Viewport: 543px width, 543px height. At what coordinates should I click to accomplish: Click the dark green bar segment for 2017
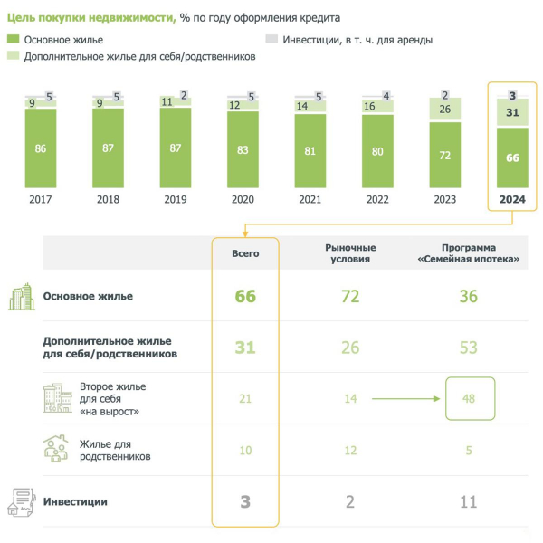(x=41, y=147)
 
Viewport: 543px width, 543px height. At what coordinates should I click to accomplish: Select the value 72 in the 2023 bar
(x=445, y=156)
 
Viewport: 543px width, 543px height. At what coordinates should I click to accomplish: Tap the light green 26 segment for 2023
(x=445, y=110)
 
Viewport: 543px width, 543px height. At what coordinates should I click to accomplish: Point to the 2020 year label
(x=243, y=200)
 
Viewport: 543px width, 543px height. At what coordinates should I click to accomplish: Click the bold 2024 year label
(x=513, y=200)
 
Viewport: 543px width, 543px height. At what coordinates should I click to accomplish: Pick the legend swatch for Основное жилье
(x=13, y=40)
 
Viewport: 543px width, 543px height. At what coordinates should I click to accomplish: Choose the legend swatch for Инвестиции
(x=271, y=40)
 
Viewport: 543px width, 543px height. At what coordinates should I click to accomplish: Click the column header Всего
(x=245, y=253)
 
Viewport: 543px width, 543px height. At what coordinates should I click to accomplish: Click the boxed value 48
(x=469, y=398)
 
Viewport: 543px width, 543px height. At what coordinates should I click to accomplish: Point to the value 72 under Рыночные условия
(x=350, y=297)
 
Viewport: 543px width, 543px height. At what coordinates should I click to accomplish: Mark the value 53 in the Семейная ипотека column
(x=468, y=348)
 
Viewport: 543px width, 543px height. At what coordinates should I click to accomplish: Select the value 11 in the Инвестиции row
(x=468, y=501)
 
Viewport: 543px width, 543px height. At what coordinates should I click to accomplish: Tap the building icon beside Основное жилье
(x=22, y=298)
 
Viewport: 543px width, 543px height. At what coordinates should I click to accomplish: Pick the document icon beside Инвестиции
(x=21, y=501)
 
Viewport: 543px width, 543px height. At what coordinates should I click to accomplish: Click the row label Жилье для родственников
(x=116, y=451)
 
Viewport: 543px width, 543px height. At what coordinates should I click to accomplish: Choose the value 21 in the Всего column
(x=245, y=398)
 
